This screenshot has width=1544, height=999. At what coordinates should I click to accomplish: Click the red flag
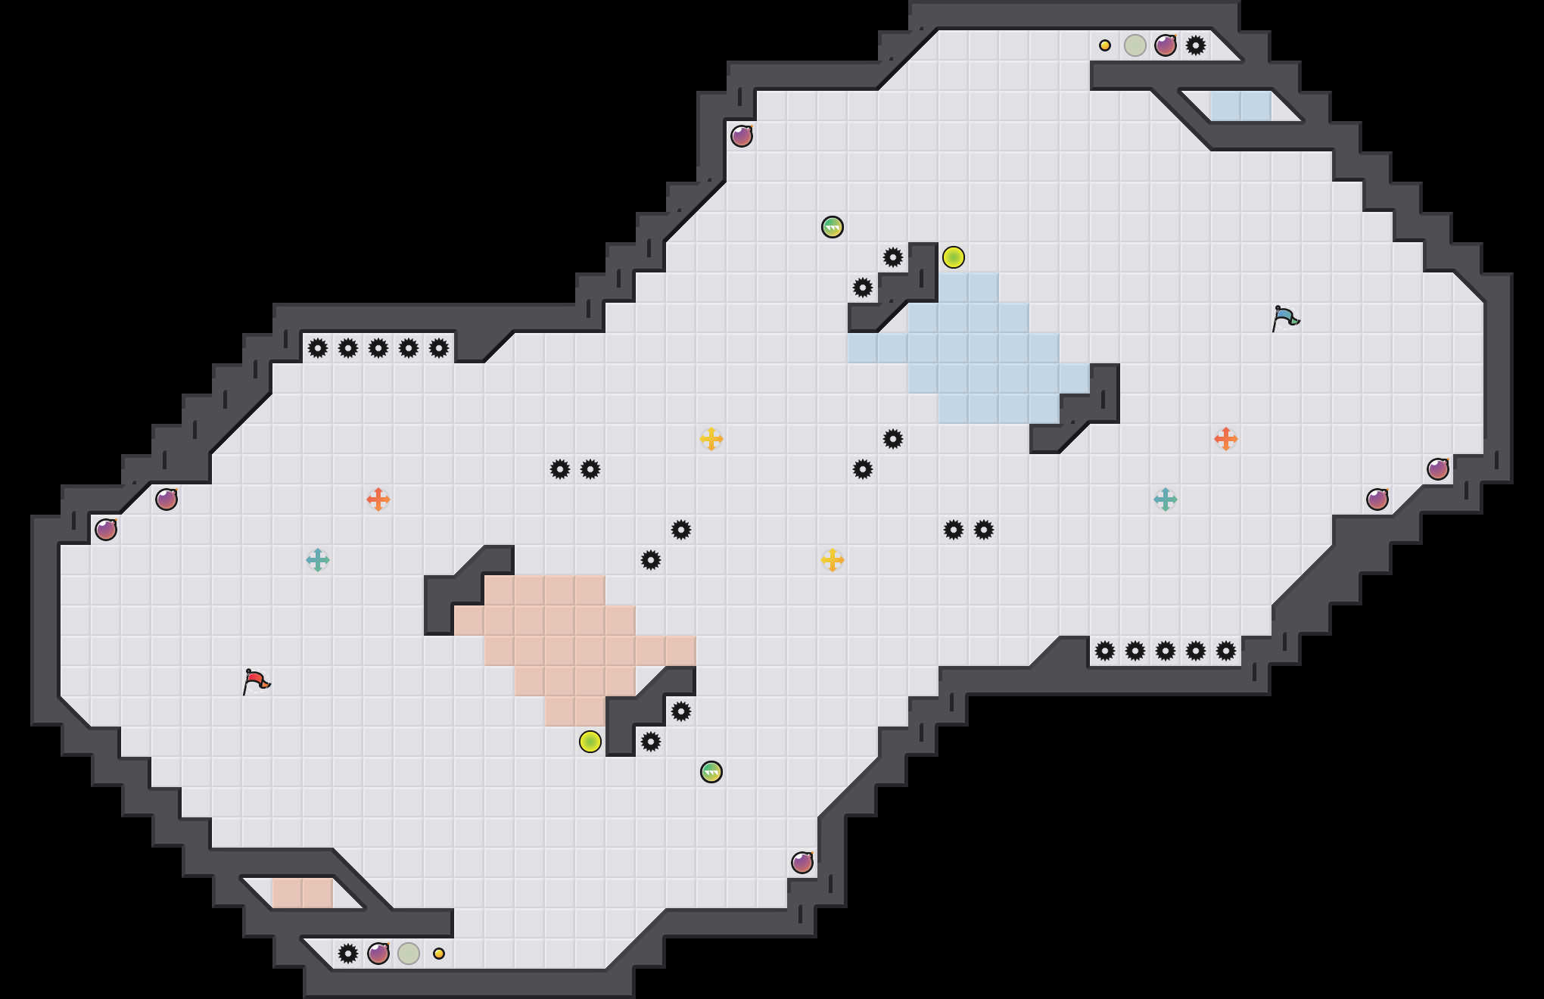click(x=256, y=681)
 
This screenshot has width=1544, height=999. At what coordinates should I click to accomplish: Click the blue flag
click(x=1285, y=318)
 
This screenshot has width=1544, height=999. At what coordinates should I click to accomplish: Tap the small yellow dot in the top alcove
click(x=1105, y=45)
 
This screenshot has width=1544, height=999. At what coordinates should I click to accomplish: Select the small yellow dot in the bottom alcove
click(x=439, y=954)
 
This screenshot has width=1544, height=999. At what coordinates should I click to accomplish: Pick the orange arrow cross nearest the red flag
click(x=378, y=499)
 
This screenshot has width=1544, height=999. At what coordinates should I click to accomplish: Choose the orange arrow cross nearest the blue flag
click(x=1226, y=439)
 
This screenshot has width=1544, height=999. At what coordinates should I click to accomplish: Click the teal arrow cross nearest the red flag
click(x=318, y=560)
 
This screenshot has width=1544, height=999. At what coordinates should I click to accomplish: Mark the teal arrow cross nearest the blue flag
click(x=1166, y=499)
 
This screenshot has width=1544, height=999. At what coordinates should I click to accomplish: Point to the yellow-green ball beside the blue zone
click(x=954, y=257)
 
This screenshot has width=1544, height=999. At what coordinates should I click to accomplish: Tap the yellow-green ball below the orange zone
click(x=590, y=742)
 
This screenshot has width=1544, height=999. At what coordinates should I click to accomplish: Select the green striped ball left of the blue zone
click(x=833, y=227)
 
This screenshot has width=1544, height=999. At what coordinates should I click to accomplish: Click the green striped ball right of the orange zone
click(x=711, y=772)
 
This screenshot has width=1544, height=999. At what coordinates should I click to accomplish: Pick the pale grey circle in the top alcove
click(x=1135, y=45)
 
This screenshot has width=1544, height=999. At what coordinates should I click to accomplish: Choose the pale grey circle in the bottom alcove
click(x=409, y=954)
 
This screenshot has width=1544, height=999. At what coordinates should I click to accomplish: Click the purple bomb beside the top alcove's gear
click(x=1166, y=45)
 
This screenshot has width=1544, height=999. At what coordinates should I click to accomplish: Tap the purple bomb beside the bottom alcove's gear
click(x=378, y=954)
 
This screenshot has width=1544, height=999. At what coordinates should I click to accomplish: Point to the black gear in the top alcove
click(x=1196, y=45)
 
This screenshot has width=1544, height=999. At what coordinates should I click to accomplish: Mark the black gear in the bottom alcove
click(x=348, y=954)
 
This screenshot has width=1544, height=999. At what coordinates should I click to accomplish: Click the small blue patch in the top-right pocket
click(x=1241, y=106)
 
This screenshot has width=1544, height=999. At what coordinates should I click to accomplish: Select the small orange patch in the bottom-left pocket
click(x=303, y=893)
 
